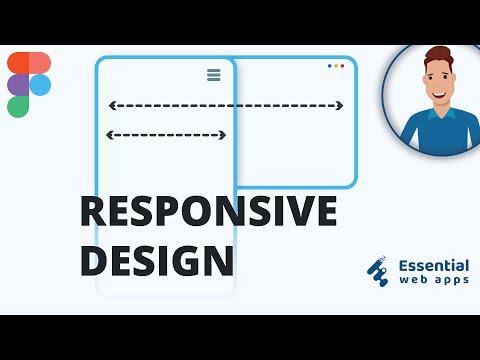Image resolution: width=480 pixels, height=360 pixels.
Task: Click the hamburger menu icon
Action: [213, 75]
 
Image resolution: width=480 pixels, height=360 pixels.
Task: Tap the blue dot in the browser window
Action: [330, 66]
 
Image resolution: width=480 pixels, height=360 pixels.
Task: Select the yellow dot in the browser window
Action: [336, 66]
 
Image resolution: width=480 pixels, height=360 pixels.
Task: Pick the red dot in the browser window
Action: [342, 66]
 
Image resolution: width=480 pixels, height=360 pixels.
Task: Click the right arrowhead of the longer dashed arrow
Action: [340, 105]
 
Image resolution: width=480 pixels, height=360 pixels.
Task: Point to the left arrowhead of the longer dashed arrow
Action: [112, 105]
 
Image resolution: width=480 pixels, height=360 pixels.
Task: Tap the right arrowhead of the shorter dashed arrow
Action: [222, 135]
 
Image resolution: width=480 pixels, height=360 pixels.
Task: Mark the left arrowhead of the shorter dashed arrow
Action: [109, 135]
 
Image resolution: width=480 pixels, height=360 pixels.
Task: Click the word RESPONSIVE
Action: [208, 214]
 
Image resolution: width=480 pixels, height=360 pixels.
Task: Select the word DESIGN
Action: [157, 260]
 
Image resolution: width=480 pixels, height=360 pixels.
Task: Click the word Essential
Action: [433, 266]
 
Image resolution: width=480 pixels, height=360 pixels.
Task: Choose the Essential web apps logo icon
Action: [378, 272]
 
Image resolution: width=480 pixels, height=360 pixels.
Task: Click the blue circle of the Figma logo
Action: [40, 85]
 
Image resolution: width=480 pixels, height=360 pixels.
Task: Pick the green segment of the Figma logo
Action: [18, 106]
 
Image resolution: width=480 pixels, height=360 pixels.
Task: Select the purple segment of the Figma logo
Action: [18, 85]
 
